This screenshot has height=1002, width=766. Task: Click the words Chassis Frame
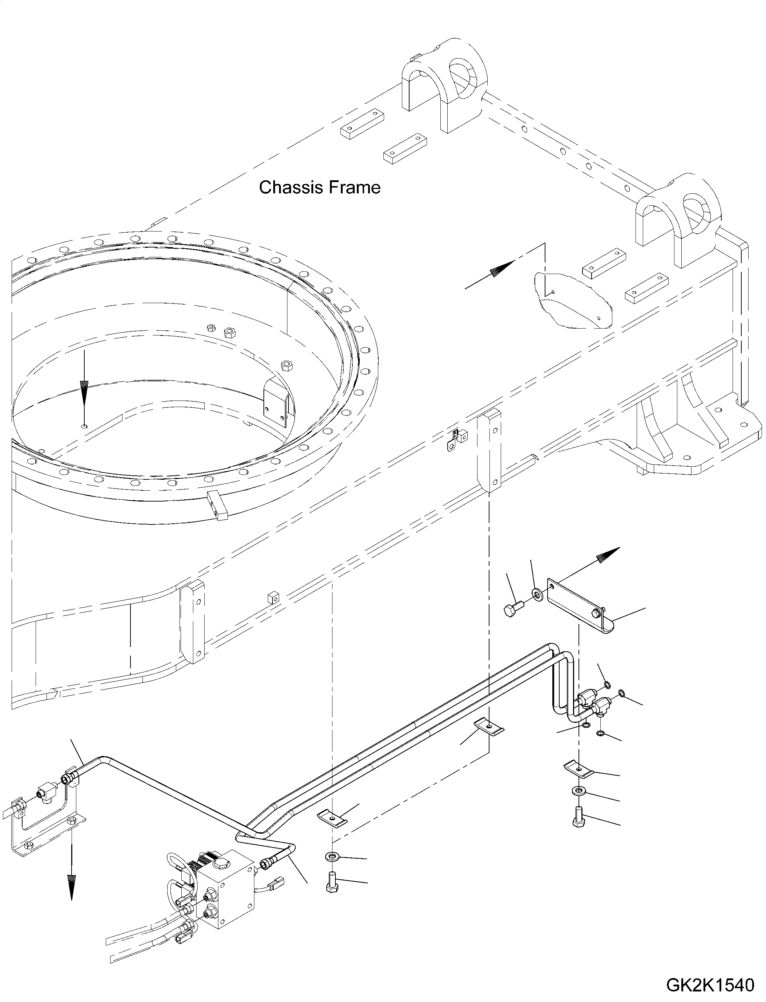[x=320, y=188]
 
